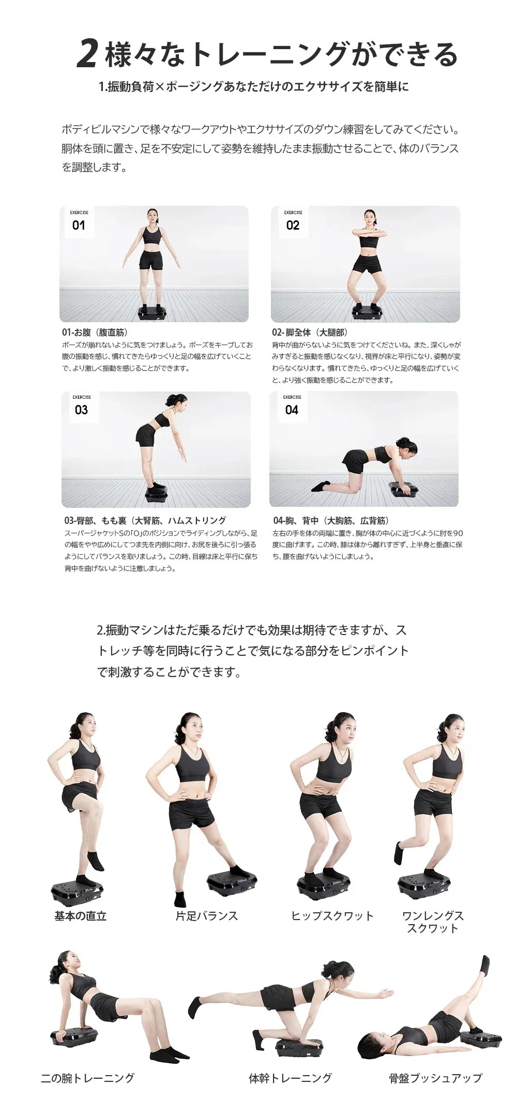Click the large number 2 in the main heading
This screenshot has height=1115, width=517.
[87, 54]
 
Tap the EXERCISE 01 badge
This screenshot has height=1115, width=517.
[79, 221]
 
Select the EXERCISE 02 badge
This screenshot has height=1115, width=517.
[293, 221]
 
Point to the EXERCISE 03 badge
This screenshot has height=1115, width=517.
[82, 406]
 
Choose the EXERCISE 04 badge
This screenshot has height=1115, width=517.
[292, 406]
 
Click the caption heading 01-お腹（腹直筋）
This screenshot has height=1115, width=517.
[95, 333]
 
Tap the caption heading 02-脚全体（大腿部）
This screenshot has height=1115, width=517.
[310, 333]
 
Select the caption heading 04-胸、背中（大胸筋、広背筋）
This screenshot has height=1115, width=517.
[331, 521]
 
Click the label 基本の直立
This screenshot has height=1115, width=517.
[81, 916]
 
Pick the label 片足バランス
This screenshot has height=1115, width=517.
[207, 916]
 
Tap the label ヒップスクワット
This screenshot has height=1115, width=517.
[332, 916]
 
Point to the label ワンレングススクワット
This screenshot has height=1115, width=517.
[433, 922]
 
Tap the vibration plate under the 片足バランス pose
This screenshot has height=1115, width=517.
[232, 885]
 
